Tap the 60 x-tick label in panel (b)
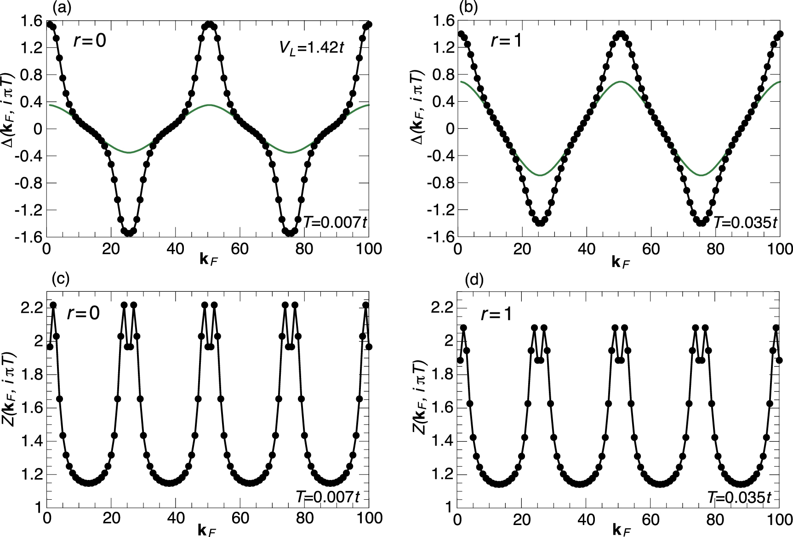tap(651, 249)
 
